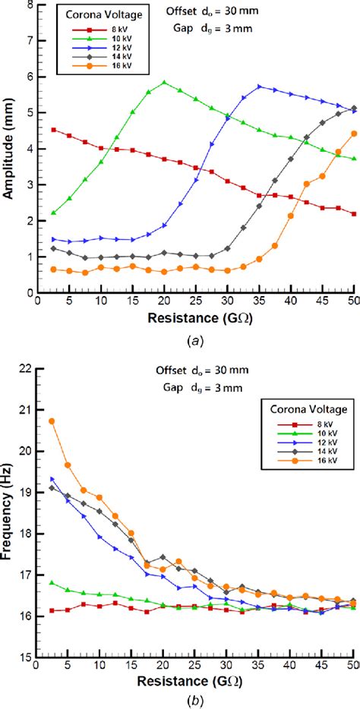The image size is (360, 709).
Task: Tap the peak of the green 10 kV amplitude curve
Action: coord(164,82)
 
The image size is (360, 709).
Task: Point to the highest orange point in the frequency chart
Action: coord(52,421)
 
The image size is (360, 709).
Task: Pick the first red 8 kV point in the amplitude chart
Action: coord(52,130)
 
